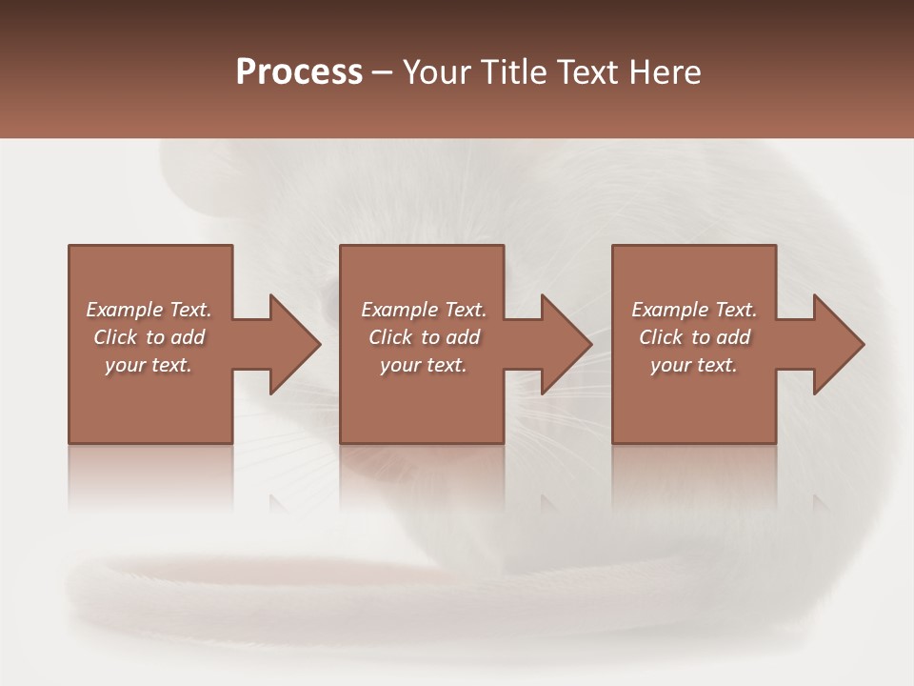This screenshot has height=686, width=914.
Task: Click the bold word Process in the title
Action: click(x=299, y=72)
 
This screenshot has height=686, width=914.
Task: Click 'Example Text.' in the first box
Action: click(x=149, y=310)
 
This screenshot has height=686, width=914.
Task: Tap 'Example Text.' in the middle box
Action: click(x=424, y=310)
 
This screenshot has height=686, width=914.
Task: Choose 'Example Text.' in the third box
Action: click(x=694, y=310)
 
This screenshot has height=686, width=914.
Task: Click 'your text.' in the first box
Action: click(x=149, y=365)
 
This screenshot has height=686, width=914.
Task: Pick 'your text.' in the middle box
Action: click(x=424, y=365)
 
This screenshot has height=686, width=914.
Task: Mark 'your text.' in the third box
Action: click(x=694, y=365)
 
